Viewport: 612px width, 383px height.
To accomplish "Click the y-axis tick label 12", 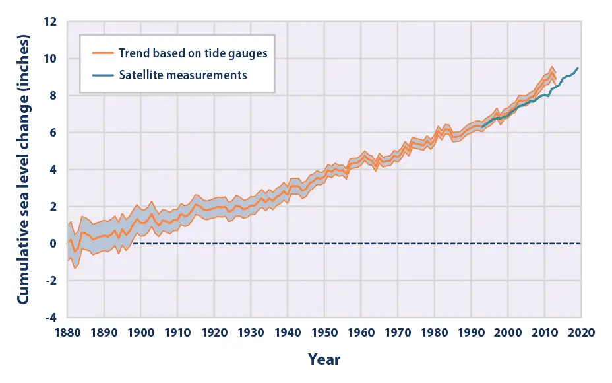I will (x=53, y=22).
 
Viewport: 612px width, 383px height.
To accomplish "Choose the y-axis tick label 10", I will (x=53, y=59).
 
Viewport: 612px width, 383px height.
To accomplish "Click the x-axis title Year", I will (x=324, y=359).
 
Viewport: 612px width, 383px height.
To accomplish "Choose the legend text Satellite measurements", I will (x=183, y=75).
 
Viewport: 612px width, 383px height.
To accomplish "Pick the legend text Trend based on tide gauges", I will (x=193, y=53).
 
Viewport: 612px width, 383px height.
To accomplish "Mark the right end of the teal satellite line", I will (x=578, y=68).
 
